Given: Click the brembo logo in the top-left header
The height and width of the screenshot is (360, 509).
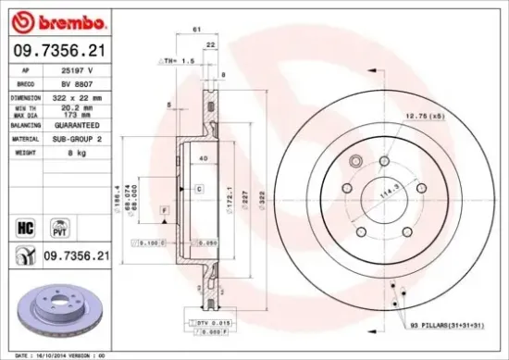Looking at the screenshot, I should pyautogui.click(x=57, y=19).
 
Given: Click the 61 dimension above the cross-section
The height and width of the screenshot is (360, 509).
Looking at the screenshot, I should pyautogui.click(x=196, y=31).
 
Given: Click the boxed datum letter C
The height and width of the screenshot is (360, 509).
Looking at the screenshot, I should pyautogui.click(x=199, y=189).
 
